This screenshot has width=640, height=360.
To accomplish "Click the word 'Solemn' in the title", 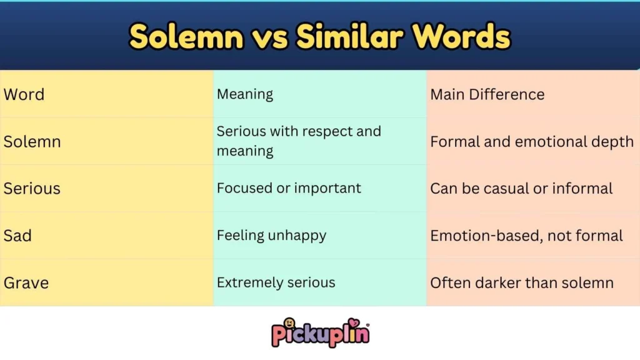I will pos(186,37).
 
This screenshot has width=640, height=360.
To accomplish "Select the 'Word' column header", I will pos(24,94).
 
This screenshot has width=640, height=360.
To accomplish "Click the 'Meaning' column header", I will pos(245,94).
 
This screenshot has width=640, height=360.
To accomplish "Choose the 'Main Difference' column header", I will pos(487,94).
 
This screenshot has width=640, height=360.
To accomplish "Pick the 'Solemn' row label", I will pos(32,141).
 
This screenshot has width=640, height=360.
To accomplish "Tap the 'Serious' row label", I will pos(32,188).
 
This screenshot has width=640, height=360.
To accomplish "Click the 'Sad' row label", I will pos(17,236).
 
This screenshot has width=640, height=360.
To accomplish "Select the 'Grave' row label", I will pos(26,282).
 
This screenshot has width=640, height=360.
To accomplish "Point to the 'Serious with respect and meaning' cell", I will pos(298,141).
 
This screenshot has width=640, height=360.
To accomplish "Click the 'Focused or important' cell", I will pos(289,188).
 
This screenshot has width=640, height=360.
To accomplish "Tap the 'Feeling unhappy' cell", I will pos(271,236).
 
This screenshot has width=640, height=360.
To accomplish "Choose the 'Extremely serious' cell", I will pos(276,282).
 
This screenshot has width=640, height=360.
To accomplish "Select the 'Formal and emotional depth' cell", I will pos(531,141).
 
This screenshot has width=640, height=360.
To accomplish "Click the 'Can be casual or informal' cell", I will pos(521,188).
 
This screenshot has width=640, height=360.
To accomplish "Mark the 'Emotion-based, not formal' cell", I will pos(526,236).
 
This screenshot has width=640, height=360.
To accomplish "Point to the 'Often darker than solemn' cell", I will pos(521,282).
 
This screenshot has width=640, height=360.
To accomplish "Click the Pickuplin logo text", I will pos(320,335).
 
